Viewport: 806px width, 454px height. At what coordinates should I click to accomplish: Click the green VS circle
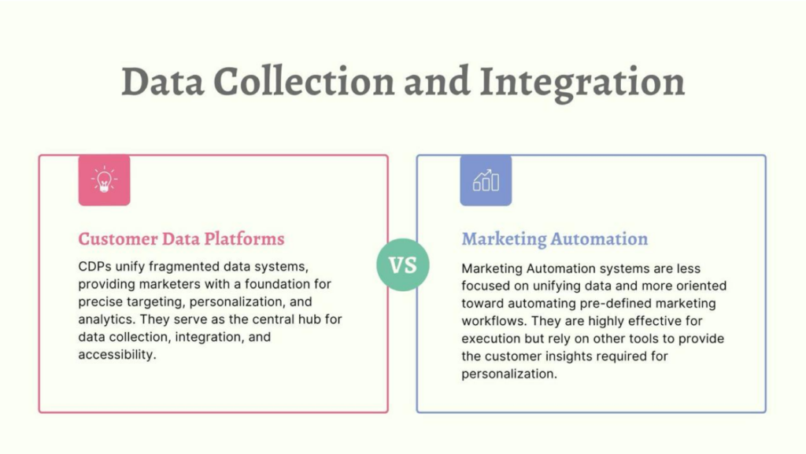click(402, 265)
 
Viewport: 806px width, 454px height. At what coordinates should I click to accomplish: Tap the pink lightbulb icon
click(105, 180)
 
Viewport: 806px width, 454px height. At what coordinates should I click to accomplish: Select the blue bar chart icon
click(486, 180)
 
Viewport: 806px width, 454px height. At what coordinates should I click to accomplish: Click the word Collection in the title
click(304, 82)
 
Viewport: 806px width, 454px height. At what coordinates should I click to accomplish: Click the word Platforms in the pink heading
click(244, 239)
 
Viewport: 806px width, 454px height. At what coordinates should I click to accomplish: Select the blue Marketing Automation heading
click(555, 239)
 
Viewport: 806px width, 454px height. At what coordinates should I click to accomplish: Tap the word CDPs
click(94, 267)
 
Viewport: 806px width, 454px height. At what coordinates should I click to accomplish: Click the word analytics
click(107, 319)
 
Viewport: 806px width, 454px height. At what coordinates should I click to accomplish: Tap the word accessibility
click(117, 354)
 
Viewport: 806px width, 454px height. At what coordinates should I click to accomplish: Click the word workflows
click(494, 321)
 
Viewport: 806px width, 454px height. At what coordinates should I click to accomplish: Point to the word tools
click(630, 339)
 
